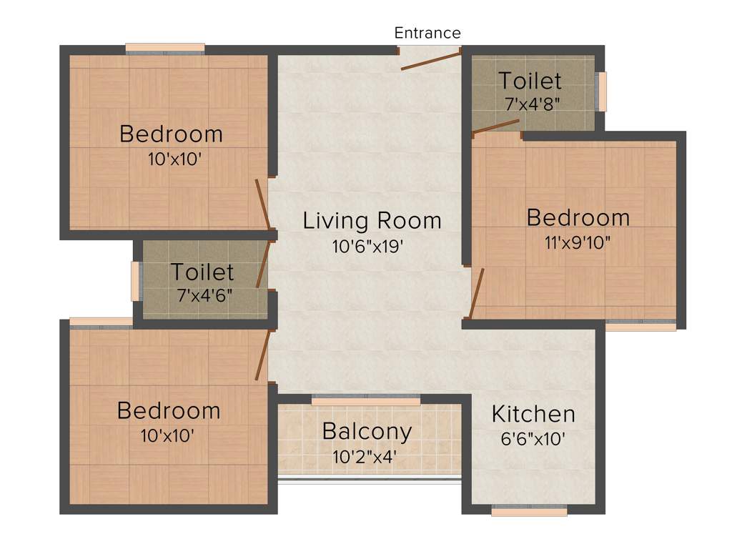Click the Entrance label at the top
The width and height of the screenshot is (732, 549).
pyautogui.click(x=427, y=33)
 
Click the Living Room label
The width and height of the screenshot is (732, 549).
pyautogui.click(x=372, y=220)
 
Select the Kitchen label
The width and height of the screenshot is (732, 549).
pyautogui.click(x=533, y=414)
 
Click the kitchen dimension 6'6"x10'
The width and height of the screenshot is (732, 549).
pyautogui.click(x=533, y=438)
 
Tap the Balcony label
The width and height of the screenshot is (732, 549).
pyautogui.click(x=367, y=432)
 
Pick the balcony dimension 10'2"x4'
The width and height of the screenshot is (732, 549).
pyautogui.click(x=365, y=456)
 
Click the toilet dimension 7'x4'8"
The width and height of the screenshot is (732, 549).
pyautogui.click(x=532, y=104)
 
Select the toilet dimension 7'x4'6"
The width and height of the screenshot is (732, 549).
pyautogui.click(x=204, y=295)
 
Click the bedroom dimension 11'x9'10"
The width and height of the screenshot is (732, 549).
pyautogui.click(x=578, y=242)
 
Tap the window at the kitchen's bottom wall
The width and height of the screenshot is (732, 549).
pyautogui.click(x=529, y=510)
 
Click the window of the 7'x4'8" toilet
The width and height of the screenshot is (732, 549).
pyautogui.click(x=601, y=91)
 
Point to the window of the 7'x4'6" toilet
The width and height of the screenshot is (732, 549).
pyautogui.click(x=136, y=281)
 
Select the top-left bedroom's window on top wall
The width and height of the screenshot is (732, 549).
pyautogui.click(x=165, y=49)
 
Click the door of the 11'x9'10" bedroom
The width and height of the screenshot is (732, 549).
pyautogui.click(x=477, y=292)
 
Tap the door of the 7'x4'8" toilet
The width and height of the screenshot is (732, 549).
pyautogui.click(x=496, y=126)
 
